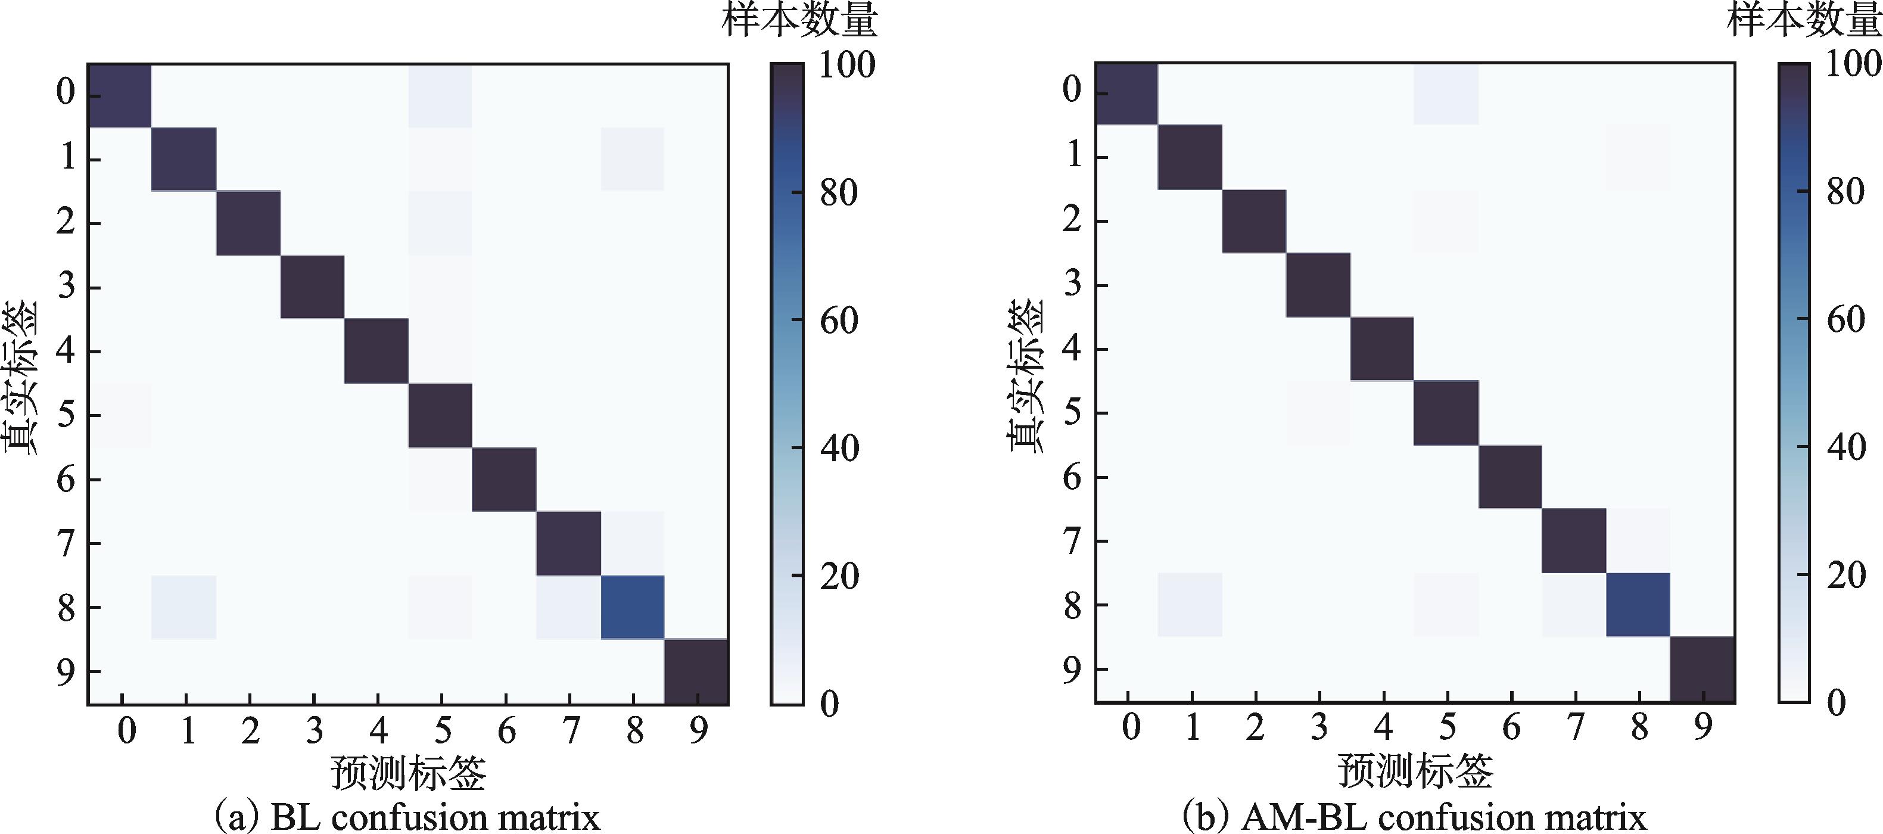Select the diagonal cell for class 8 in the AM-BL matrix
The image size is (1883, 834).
tap(1639, 605)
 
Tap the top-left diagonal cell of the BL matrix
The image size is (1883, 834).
tap(120, 96)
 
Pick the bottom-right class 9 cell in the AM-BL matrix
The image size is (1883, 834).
tap(1703, 670)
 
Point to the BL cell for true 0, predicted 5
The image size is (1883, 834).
tap(440, 96)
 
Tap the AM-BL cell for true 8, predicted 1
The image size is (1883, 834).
tap(1190, 605)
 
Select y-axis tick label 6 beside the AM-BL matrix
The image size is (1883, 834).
tap(1072, 477)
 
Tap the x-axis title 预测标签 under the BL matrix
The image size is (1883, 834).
tap(409, 772)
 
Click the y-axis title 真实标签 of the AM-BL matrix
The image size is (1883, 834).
tap(1027, 376)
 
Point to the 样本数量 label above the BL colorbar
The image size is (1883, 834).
tap(799, 20)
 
